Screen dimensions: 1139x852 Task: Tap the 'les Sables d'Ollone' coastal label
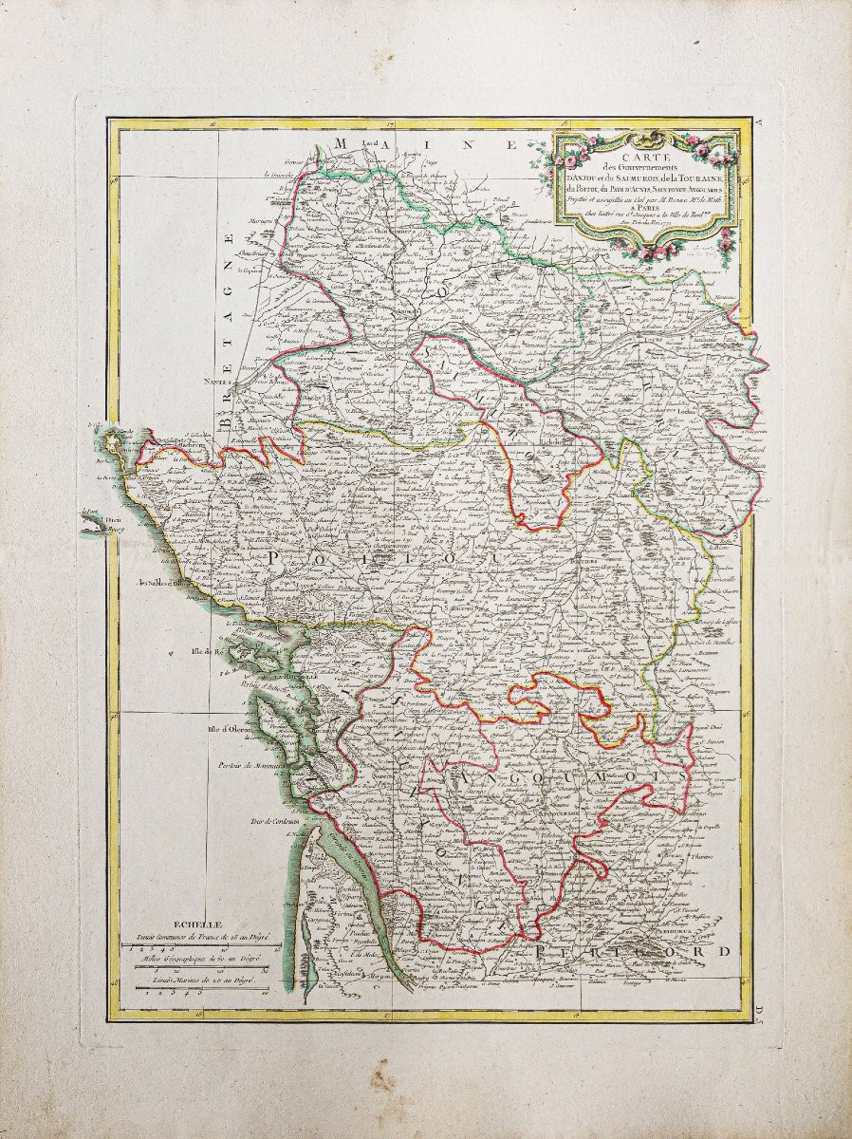tap(165, 583)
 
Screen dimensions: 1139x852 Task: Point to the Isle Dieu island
tap(95, 520)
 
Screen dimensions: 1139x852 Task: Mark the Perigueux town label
tap(691, 931)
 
